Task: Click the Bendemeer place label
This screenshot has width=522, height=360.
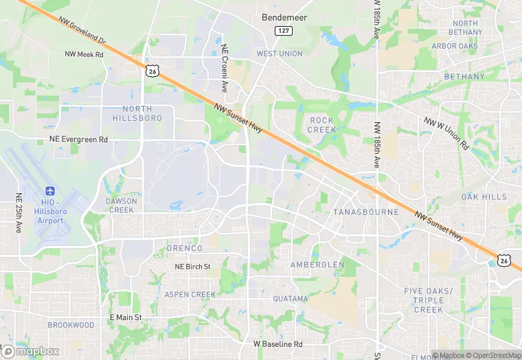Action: point(285,16)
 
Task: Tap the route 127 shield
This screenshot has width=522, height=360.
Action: point(282,31)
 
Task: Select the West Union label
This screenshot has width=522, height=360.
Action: point(280,54)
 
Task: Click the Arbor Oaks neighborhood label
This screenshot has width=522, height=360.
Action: point(455,47)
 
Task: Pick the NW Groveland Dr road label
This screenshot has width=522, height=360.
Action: point(82,29)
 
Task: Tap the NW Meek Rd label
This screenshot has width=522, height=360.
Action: point(84,54)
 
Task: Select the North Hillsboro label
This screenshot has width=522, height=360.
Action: point(137,113)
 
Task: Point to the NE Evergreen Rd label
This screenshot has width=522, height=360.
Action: point(79,139)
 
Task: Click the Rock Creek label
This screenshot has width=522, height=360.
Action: point(321,124)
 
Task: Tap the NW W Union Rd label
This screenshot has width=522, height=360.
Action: point(446,133)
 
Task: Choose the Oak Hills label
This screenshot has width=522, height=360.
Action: point(484,197)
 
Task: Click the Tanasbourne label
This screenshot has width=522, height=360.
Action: point(365,212)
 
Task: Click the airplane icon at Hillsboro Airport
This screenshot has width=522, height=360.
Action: point(49,190)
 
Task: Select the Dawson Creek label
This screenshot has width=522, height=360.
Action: point(120,205)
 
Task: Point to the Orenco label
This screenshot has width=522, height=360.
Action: point(185,248)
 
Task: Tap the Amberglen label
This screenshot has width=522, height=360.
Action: point(317,265)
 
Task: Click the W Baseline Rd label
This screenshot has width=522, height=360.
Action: point(277,344)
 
